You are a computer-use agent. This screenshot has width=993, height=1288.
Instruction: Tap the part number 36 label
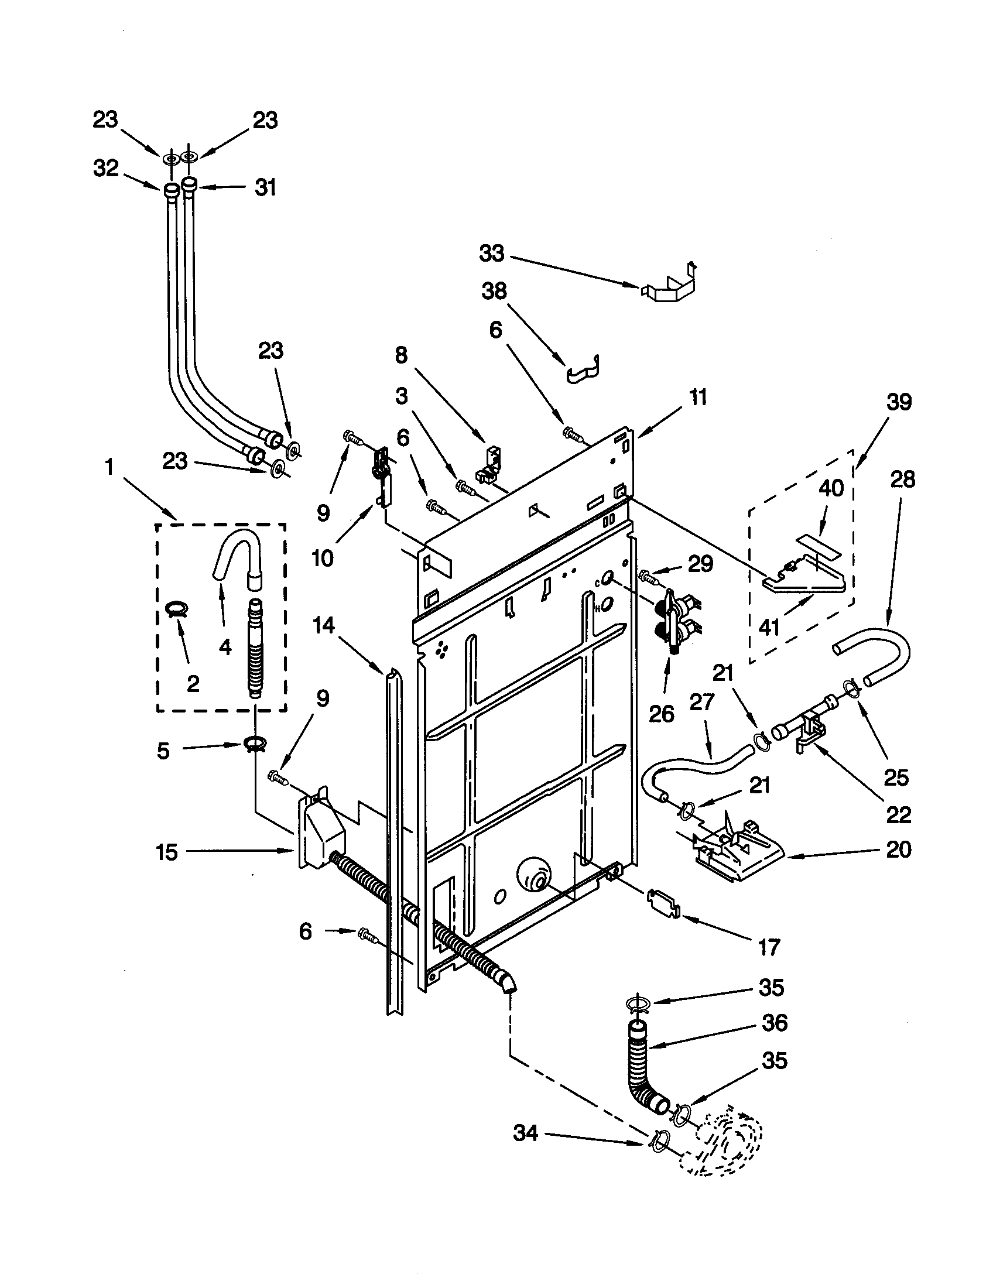[775, 1023]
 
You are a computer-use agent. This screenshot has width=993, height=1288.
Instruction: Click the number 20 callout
[899, 849]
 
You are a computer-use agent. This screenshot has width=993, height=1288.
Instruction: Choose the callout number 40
[831, 488]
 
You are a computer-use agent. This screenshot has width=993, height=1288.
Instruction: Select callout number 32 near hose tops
[106, 169]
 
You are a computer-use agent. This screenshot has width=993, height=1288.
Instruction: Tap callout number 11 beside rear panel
[698, 398]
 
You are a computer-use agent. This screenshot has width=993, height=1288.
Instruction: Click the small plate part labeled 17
[663, 903]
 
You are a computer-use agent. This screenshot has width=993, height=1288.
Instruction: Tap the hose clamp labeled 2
[175, 608]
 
